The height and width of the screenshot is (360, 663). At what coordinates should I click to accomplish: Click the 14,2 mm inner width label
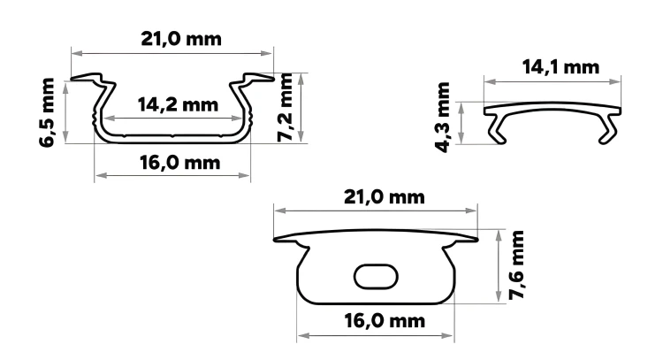pyautogui.click(x=178, y=104)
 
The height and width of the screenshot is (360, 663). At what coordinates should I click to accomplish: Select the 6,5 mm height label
pyautogui.click(x=47, y=112)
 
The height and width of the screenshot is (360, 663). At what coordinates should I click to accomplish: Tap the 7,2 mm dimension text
pyautogui.click(x=285, y=107)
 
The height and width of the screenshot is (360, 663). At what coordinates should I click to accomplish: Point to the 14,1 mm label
pyautogui.click(x=560, y=67)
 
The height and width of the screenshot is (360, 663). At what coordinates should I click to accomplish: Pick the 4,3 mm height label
pyautogui.click(x=443, y=118)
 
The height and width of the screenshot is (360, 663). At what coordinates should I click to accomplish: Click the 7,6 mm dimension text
pyautogui.click(x=516, y=265)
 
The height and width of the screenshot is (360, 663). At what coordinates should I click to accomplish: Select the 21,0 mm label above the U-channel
pyautogui.click(x=181, y=39)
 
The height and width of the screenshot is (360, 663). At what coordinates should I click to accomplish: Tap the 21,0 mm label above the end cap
pyautogui.click(x=384, y=197)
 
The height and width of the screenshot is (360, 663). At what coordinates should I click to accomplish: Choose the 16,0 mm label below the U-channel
pyautogui.click(x=179, y=163)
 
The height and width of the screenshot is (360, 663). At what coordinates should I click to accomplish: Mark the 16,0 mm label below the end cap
pyautogui.click(x=385, y=321)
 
